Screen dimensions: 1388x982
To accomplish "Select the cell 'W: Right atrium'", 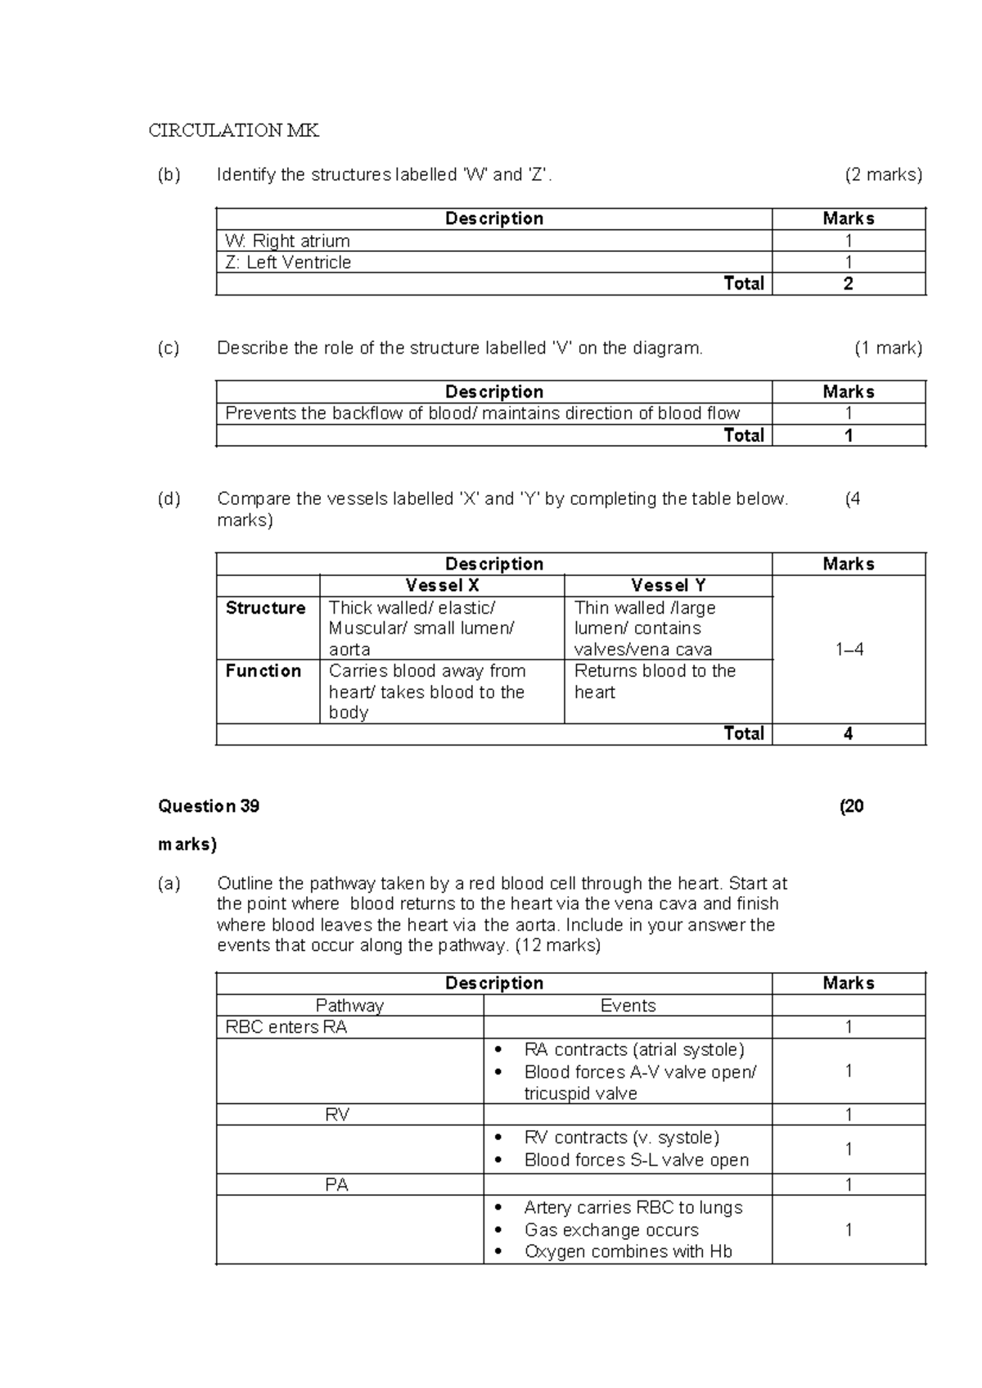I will (x=287, y=241).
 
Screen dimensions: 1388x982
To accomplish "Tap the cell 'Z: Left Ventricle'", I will (x=288, y=263).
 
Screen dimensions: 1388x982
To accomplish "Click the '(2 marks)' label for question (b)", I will (x=883, y=174).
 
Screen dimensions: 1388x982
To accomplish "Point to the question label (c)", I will (x=169, y=348).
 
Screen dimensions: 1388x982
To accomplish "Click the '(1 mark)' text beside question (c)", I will (x=888, y=348).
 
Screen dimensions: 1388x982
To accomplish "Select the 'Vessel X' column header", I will (x=442, y=586).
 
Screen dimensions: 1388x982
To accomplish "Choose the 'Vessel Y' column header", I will (x=668, y=586).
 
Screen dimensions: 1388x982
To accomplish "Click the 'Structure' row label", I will (x=265, y=608).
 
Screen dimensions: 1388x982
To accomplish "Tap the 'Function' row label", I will (x=264, y=671).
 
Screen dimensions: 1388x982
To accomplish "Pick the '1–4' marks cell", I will (x=849, y=650).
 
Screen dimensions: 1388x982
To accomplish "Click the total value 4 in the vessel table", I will (x=848, y=734).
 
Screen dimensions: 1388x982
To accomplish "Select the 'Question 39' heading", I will (x=209, y=806).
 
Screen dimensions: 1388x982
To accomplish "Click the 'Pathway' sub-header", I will (x=349, y=1006).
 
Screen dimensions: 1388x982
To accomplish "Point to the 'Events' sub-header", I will (x=628, y=1006).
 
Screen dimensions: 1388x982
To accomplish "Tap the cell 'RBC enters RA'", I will (x=286, y=1028).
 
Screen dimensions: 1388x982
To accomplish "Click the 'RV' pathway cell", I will (x=337, y=1115).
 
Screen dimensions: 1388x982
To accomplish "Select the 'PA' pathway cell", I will (x=337, y=1185).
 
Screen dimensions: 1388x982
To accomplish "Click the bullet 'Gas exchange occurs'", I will (x=611, y=1230).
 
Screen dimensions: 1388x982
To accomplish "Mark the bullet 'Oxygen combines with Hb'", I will (x=628, y=1252).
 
